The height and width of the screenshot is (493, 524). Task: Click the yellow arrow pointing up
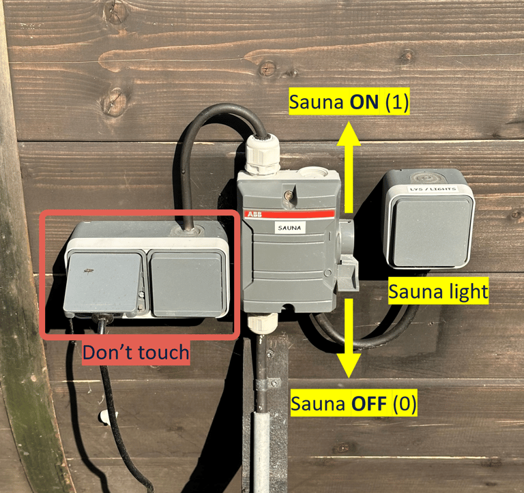click(x=349, y=167)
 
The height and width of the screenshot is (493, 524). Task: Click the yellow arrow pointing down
click(x=349, y=338)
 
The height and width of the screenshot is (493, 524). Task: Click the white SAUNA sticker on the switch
click(x=289, y=228)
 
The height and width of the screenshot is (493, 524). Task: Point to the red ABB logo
click(x=254, y=214)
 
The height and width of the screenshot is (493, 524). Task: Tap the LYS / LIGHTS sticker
click(x=433, y=189)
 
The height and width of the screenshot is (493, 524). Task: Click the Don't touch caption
click(x=136, y=353)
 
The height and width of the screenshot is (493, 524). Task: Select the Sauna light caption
click(x=438, y=291)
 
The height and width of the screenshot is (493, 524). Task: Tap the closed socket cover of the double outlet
click(x=186, y=284)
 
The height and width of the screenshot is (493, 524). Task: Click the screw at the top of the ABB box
click(x=288, y=194)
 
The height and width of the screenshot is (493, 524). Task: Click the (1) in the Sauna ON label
click(x=397, y=102)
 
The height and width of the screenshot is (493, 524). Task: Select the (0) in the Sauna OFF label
click(x=405, y=403)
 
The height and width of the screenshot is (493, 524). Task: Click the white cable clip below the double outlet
click(x=107, y=417)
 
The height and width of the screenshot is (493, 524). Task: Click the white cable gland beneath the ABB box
click(x=263, y=323)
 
